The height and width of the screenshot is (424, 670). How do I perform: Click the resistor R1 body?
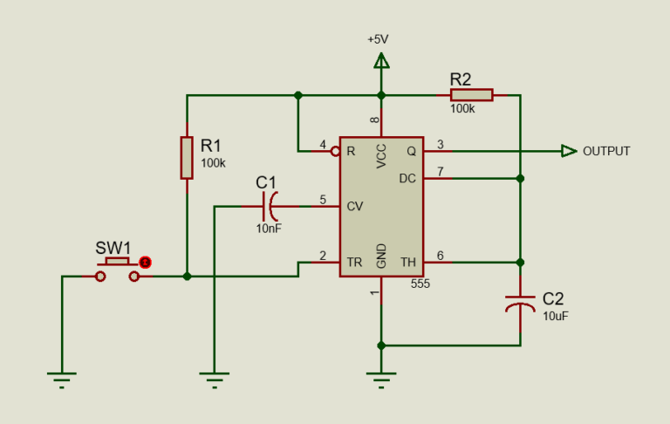point(187,157)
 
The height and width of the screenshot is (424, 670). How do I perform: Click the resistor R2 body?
point(471,94)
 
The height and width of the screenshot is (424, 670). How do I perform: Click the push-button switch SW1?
point(118,270)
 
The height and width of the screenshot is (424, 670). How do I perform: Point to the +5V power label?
point(378,40)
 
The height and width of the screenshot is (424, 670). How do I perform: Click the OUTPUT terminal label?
point(606,151)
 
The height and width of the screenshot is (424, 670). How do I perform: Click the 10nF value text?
point(269,228)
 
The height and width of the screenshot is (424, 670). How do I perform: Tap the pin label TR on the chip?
point(354,262)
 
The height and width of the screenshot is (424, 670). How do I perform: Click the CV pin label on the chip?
point(355,207)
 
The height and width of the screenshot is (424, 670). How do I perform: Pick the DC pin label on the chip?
point(407,178)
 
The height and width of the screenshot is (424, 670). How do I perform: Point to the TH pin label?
point(407,262)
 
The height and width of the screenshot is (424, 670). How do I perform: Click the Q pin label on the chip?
point(411,150)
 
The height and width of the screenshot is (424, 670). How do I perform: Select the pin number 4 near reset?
point(323,144)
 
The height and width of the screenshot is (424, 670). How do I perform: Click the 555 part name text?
point(420,284)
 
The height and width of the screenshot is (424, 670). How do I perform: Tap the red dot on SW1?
point(146,262)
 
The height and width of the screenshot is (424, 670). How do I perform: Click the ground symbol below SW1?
point(62,378)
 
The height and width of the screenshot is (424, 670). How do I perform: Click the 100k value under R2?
point(462,109)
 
